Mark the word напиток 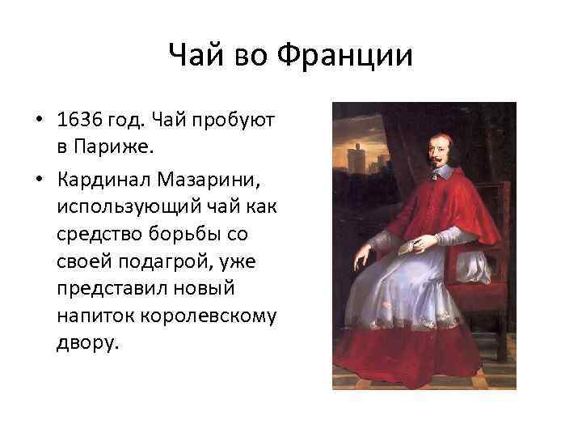[91, 315]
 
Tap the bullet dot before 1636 [38, 121]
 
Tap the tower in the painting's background [354, 162]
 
